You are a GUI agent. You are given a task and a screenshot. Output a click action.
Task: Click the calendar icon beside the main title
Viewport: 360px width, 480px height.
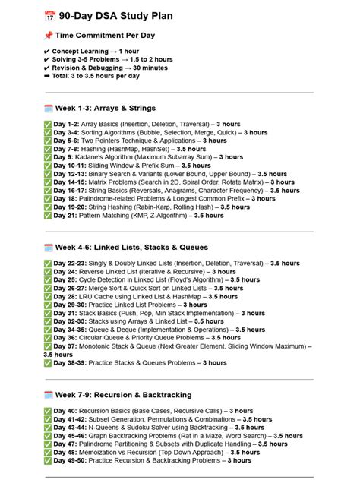coord(50,14)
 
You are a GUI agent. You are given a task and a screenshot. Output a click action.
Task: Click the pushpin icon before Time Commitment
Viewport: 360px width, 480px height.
coord(49,35)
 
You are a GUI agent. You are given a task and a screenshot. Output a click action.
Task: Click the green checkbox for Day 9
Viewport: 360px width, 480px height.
coord(48,157)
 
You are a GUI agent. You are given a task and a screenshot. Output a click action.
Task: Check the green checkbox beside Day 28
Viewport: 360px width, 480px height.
coord(48,296)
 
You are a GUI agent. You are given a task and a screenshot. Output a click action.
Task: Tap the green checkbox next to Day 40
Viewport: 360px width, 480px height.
coord(48,412)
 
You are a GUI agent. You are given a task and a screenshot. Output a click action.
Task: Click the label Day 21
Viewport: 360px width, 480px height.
coord(66,216)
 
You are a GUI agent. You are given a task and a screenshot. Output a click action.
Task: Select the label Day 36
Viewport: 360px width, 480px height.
coord(66,338)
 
